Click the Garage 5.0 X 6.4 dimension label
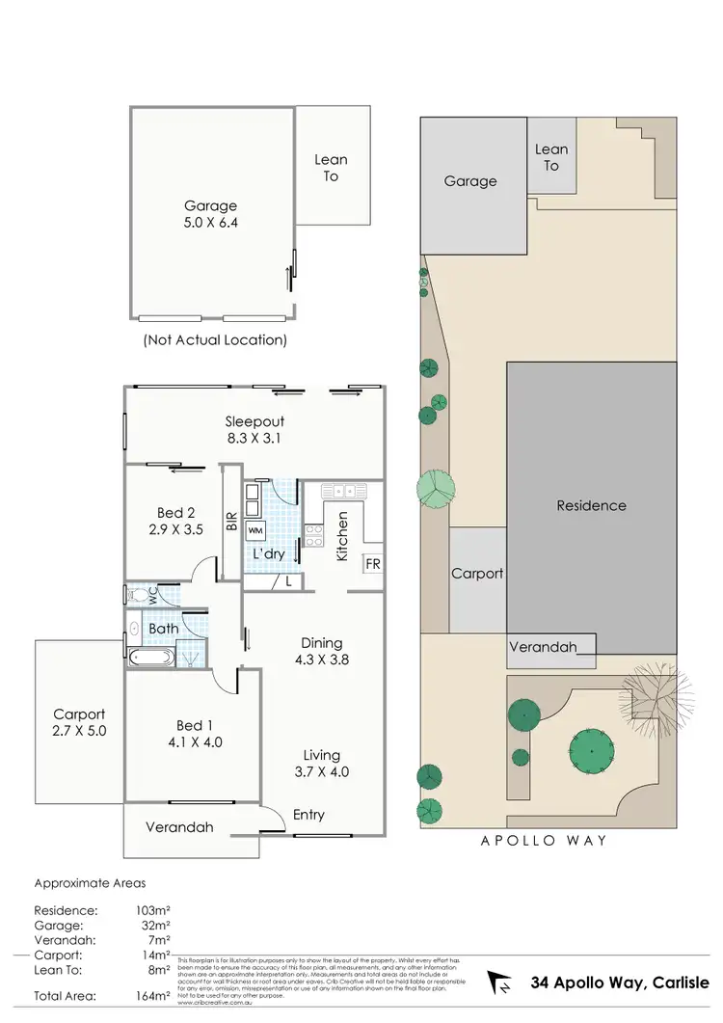point(212,214)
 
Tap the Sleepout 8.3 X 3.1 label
point(254,430)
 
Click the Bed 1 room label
point(191,734)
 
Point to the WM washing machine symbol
point(255,530)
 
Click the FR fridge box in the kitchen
point(372,564)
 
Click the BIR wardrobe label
point(231,523)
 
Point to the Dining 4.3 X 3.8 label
point(322,652)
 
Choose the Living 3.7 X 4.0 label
point(322,764)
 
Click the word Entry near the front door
point(308,816)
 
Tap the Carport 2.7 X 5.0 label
point(79,722)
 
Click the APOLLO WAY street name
point(544,841)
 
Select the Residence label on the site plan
point(591,505)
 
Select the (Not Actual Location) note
point(214,340)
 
